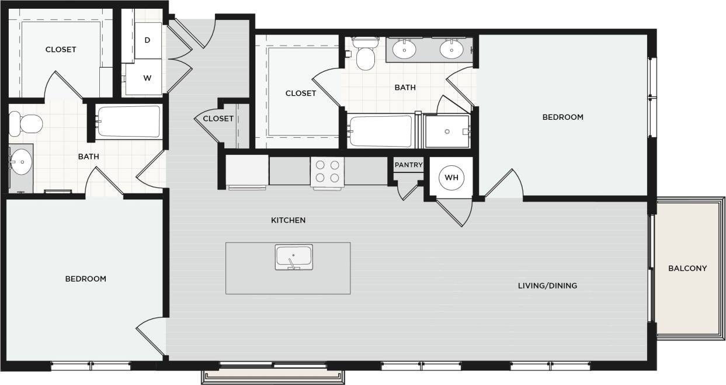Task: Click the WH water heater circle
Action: click(451, 178)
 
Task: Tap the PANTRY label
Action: click(408, 165)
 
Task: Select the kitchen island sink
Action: click(294, 257)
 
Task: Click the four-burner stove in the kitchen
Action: click(328, 171)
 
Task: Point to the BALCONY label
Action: click(687, 269)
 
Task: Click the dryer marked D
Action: click(148, 40)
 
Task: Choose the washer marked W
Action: click(147, 77)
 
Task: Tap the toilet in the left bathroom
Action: click(26, 124)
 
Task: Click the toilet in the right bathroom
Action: click(366, 55)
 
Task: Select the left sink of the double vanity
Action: click(404, 49)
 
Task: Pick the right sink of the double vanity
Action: click(451, 49)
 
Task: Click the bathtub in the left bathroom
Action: click(128, 122)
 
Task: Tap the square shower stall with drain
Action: click(447, 131)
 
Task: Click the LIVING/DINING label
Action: click(547, 286)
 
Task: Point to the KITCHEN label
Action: click(288, 220)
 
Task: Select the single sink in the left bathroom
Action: click(22, 162)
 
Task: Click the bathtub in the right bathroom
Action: click(380, 131)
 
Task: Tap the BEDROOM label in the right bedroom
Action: click(562, 117)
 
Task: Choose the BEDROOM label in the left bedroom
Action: click(85, 279)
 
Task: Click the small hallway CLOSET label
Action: click(218, 119)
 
